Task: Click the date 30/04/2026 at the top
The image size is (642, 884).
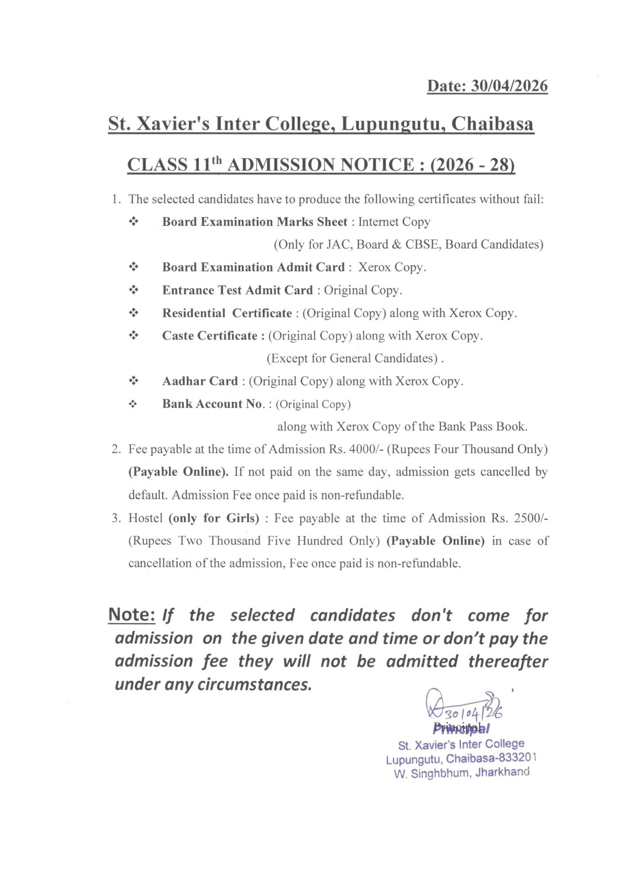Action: coord(509,86)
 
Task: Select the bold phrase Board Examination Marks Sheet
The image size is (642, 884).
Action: coord(254,222)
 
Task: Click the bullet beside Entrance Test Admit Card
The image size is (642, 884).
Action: coord(133,290)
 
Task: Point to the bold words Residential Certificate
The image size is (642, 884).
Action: coord(227,313)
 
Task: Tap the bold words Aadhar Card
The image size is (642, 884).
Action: coord(200,381)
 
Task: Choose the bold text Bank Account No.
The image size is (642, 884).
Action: coord(213,404)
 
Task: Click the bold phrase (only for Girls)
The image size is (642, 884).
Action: coord(214,518)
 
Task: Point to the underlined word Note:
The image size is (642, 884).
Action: coord(131,615)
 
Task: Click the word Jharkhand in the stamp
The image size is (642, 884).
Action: coord(502,772)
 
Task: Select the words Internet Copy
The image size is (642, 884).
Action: coord(394,222)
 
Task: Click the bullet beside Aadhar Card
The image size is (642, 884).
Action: coord(133,381)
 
